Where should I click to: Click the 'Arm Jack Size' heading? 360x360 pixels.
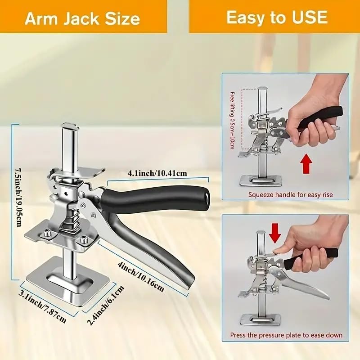pos(82,18)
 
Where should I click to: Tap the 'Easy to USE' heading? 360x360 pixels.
pos(276,18)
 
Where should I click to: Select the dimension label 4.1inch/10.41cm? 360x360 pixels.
pos(157,173)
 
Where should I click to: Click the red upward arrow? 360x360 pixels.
pos(307,163)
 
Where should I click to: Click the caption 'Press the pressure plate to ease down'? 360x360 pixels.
pos(286,335)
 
